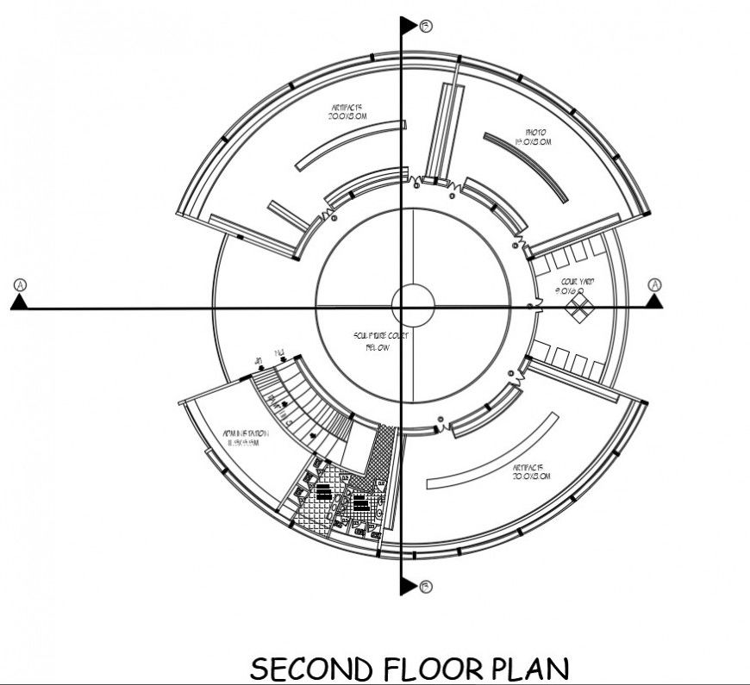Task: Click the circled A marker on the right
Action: (655, 284)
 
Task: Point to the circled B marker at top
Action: (425, 26)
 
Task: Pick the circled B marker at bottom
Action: (425, 587)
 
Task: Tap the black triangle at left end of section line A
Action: (19, 302)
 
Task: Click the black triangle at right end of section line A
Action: (655, 301)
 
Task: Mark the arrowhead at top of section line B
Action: (408, 26)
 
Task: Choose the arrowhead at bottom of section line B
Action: (408, 587)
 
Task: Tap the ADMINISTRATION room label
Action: (246, 437)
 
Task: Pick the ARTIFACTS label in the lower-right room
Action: (531, 470)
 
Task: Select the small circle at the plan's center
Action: (413, 306)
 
